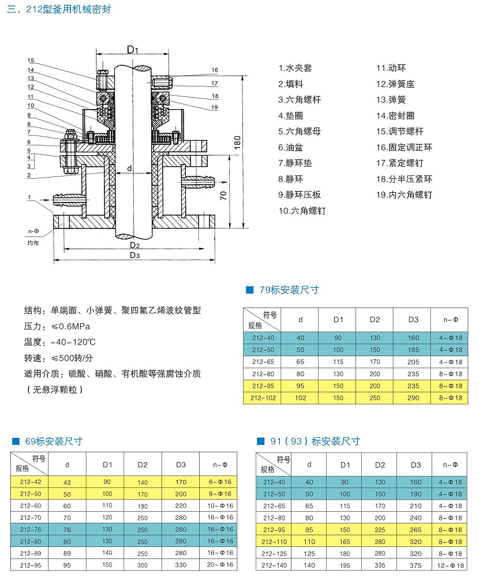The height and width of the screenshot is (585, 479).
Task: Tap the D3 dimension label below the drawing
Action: [x=134, y=255]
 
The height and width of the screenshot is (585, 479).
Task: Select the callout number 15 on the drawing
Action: [x=30, y=60]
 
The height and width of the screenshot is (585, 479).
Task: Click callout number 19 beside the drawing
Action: [x=215, y=107]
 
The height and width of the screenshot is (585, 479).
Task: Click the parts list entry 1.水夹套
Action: [x=295, y=68]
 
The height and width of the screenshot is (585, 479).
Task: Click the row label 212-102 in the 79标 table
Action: [x=263, y=397]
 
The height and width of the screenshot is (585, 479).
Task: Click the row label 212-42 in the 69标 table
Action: [x=30, y=482]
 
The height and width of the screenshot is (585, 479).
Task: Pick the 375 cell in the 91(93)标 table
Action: [x=414, y=566]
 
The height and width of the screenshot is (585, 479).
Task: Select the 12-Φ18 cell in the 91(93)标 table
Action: [x=452, y=566]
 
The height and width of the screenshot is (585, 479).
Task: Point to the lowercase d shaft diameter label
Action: [x=129, y=168]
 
